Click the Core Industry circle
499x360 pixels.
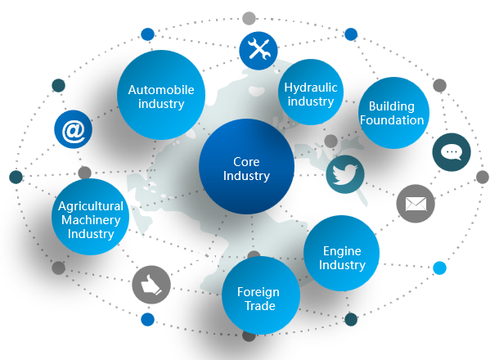coord(246,168)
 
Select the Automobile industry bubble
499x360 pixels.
coord(161,95)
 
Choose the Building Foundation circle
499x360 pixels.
coord(392,113)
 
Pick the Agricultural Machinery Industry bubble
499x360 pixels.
coord(91,219)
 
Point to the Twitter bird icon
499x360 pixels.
coord(344,174)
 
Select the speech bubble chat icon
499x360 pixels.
coord(452,151)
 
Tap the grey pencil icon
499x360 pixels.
coord(151,284)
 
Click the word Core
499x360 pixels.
coord(246,161)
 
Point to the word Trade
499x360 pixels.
coord(258,306)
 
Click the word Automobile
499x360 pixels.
coord(161,88)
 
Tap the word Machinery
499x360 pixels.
coord(91,220)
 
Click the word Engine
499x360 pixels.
coord(342,251)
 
